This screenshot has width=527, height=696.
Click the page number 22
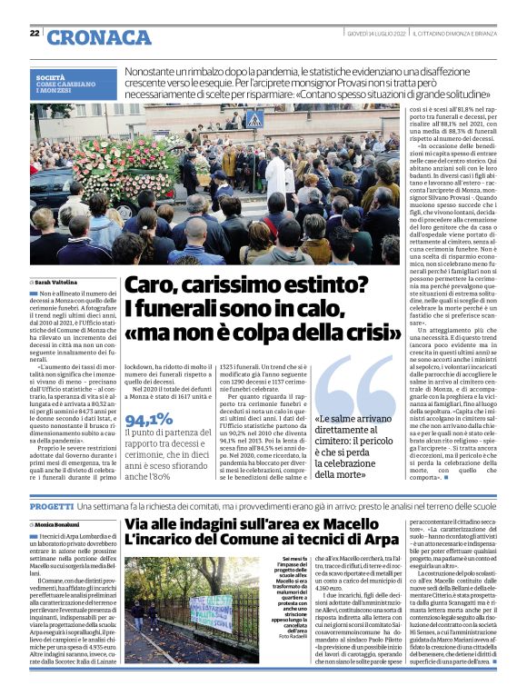click(x=35, y=34)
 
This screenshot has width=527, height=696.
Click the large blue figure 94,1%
click(x=149, y=420)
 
